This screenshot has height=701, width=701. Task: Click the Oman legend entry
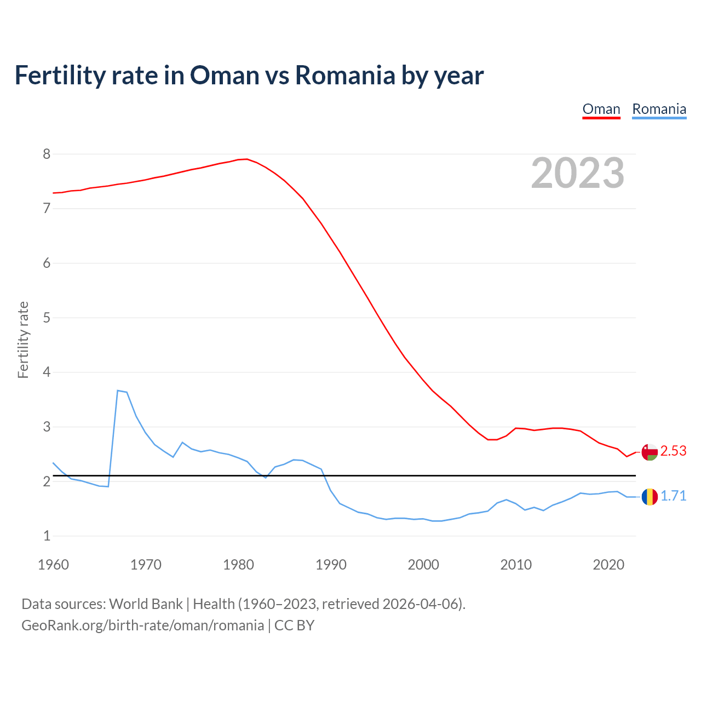point(601,109)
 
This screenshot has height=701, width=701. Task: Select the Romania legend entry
point(659,109)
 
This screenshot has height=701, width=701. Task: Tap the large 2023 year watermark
point(578,173)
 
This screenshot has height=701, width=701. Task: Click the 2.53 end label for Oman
point(673,451)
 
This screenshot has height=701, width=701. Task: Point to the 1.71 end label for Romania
point(673,496)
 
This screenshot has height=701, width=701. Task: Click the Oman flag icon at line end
point(650,452)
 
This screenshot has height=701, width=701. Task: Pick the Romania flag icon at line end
point(650,497)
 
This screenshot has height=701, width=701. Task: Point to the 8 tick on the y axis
point(47,154)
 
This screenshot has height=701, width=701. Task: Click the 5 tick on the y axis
point(47,318)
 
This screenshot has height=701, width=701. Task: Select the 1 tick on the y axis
point(47,536)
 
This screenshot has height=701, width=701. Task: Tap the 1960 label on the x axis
point(53,565)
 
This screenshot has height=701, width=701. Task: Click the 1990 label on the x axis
point(331,565)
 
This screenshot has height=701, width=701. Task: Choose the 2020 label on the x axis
point(608,565)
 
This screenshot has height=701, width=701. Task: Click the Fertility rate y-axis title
point(23,340)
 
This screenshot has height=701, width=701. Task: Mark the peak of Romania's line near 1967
point(118,390)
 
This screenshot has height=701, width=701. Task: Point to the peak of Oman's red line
point(246,159)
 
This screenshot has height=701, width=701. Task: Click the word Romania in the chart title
point(345,75)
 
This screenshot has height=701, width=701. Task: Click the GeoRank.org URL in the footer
point(142,625)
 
